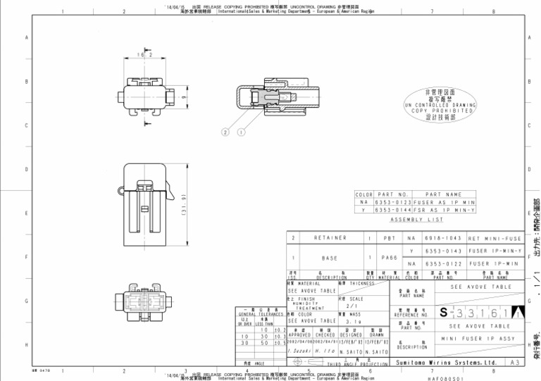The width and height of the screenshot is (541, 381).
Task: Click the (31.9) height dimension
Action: [x=184, y=204]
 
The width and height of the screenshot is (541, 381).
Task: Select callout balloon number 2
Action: [x=226, y=132]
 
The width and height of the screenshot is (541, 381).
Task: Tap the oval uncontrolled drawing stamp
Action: [x=440, y=105]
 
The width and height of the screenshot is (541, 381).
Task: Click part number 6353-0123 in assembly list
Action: [x=392, y=202]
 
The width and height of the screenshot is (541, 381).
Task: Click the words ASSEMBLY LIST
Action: [x=417, y=219]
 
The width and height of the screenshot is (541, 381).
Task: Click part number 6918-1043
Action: [x=442, y=238]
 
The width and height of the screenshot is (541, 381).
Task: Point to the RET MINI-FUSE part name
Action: [x=495, y=238]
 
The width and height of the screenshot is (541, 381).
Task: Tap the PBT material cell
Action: [x=388, y=238]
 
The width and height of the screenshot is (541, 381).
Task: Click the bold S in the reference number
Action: [x=443, y=312]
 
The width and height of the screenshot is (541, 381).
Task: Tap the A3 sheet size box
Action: [x=514, y=363]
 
